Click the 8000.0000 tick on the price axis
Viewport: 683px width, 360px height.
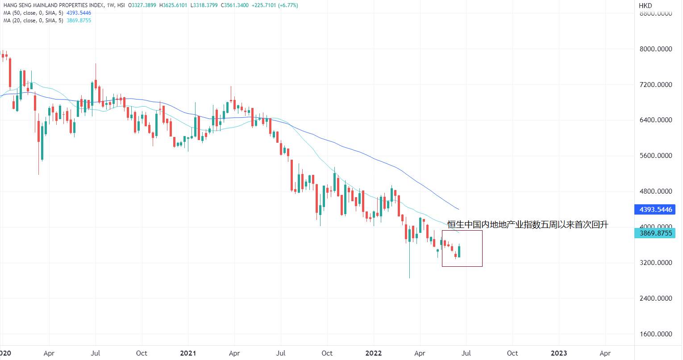[656, 49]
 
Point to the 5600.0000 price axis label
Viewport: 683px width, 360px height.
[656, 156]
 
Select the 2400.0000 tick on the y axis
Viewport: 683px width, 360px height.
[656, 298]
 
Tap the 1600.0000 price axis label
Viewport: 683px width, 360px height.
[656, 334]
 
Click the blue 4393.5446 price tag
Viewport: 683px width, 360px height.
[655, 210]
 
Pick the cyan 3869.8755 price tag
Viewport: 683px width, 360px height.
[655, 233]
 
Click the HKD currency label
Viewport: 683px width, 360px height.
[645, 5]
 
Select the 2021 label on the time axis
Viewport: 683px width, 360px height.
[188, 353]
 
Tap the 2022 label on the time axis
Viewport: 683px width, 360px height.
[374, 353]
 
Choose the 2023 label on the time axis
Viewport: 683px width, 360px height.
[559, 353]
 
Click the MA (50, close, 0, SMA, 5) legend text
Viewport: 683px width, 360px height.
[33, 13]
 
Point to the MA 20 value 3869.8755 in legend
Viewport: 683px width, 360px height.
[79, 21]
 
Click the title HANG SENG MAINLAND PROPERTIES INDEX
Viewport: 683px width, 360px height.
[54, 5]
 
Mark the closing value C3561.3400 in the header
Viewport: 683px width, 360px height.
[235, 5]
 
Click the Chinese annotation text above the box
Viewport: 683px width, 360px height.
[528, 225]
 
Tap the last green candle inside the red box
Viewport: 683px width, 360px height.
[459, 252]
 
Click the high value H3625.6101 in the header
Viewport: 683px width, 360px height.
[173, 5]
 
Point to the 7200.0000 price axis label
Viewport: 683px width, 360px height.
[656, 85]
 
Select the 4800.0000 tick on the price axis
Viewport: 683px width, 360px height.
[656, 191]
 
